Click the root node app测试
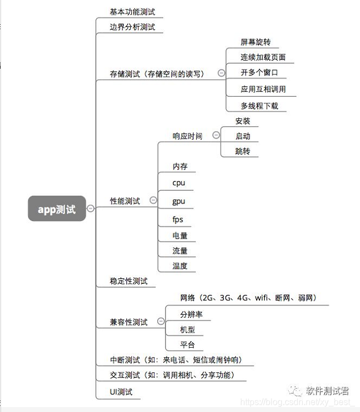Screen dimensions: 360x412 tap(57, 208)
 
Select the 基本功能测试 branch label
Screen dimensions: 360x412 tap(132, 11)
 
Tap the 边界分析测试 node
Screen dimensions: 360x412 tap(132, 26)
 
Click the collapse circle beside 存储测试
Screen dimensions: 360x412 tap(221, 73)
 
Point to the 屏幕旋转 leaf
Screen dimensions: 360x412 tap(255, 42)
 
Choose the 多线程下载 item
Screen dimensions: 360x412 tap(259, 105)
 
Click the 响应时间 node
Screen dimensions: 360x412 tap(187, 136)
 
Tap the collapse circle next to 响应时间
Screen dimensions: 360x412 tap(216, 135)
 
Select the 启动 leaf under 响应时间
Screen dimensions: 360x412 tap(242, 136)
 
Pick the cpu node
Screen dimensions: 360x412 tap(179, 183)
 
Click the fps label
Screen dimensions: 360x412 tap(178, 219)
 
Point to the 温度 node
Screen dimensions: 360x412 tap(180, 266)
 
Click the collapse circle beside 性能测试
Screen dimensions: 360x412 tap(153, 201)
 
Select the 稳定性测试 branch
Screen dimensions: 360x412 tap(129, 281)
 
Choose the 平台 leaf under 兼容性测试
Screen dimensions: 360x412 tap(187, 345)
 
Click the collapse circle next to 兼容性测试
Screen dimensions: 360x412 tap(160, 321)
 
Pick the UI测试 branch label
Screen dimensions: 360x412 tap(121, 392)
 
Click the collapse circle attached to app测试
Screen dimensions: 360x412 tap(90, 208)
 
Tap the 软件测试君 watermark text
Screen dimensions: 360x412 tap(328, 391)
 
